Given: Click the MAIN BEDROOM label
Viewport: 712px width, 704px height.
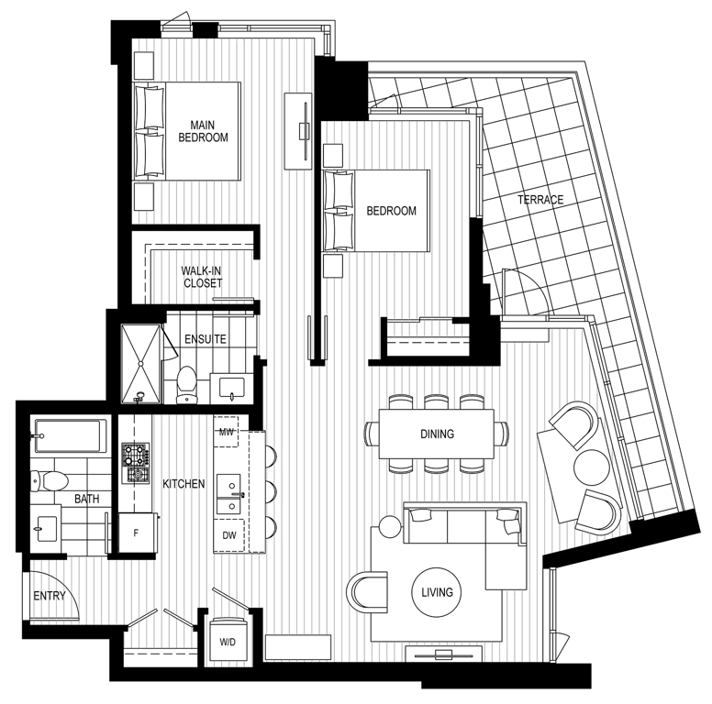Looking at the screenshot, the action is [204, 130].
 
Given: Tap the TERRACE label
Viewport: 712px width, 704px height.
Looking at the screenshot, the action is [540, 199].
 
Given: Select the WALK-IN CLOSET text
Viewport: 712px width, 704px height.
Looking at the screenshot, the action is [201, 277].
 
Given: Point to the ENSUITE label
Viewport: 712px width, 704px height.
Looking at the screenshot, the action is [205, 339].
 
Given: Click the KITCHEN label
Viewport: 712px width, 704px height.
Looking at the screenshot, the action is [184, 483].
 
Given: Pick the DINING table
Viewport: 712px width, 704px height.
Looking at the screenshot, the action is [437, 434].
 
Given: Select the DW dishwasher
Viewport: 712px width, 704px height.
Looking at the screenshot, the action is [228, 534].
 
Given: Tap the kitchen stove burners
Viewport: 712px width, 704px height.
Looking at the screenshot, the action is [136, 463].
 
